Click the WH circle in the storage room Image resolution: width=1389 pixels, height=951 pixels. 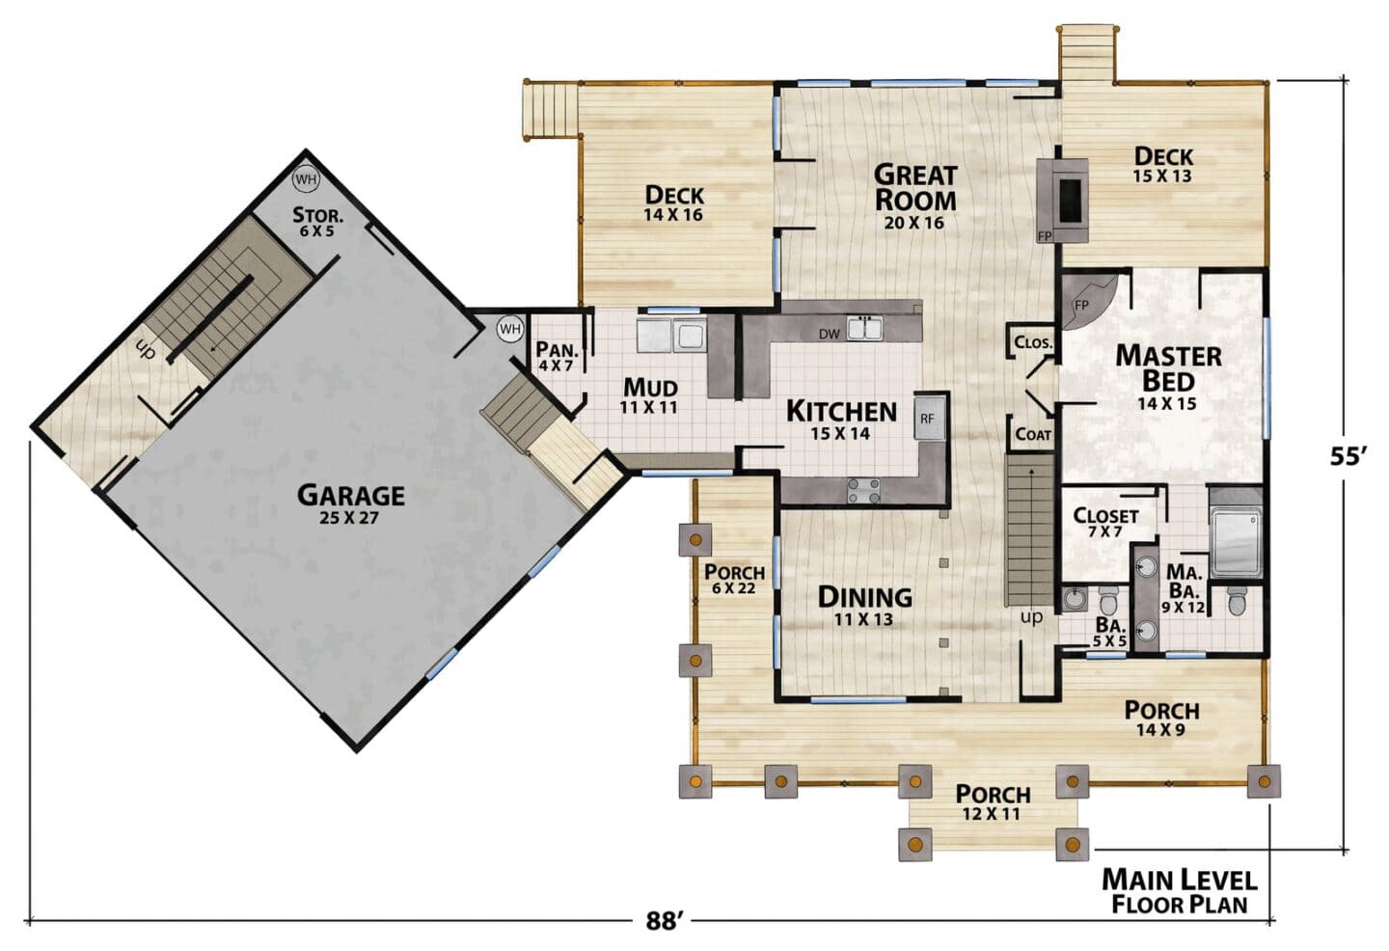305,179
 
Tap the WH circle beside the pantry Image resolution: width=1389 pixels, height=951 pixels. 509,329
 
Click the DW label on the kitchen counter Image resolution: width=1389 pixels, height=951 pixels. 830,334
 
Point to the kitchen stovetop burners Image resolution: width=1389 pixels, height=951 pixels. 864,490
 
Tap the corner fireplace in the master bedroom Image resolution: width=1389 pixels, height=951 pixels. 1088,302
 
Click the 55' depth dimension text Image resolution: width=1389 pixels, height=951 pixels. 1348,457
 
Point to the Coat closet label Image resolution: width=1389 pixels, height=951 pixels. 1033,435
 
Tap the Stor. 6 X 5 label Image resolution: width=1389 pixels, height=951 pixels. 317,222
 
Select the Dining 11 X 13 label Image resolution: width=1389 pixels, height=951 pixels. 865,605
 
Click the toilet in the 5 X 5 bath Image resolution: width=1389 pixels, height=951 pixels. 1108,601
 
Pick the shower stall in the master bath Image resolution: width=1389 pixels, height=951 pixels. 1237,541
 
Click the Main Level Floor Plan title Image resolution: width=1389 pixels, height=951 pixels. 1180,891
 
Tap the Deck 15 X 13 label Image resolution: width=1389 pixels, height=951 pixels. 1163,164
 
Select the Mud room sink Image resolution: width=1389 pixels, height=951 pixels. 671,337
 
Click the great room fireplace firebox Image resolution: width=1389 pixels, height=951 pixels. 1070,200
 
